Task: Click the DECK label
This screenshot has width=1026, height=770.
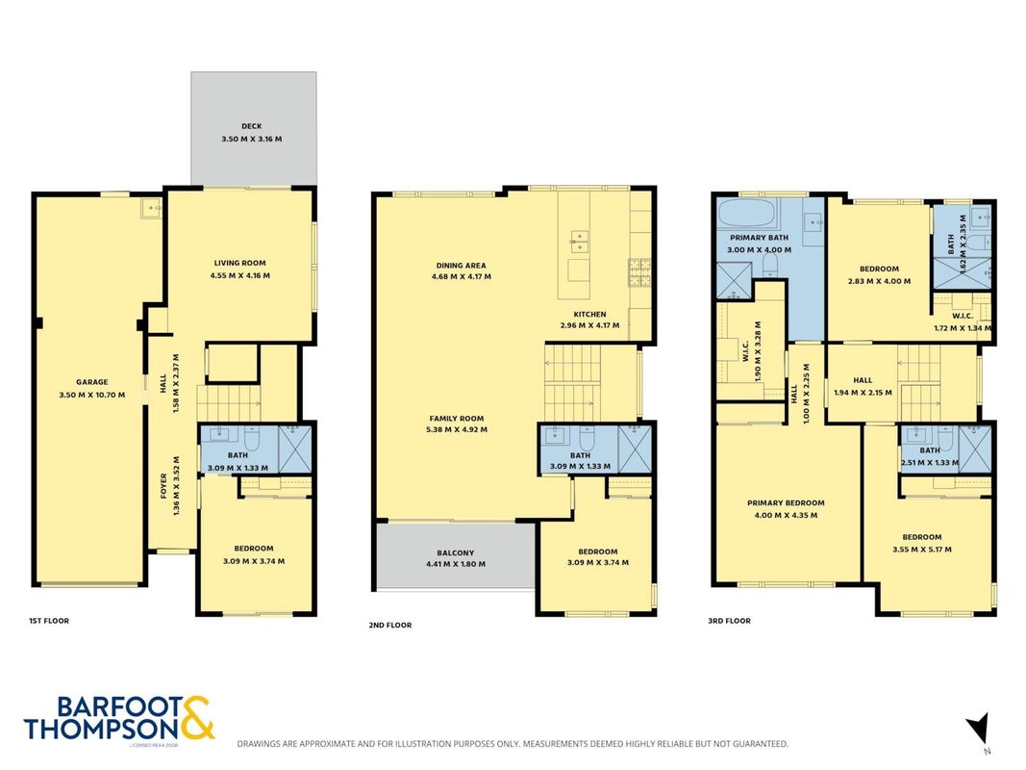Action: click(x=251, y=126)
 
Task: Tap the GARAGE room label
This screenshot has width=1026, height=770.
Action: click(x=92, y=382)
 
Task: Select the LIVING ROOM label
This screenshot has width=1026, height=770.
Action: click(x=240, y=263)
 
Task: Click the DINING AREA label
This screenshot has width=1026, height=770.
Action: click(x=462, y=266)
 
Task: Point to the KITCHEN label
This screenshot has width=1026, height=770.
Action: click(x=589, y=315)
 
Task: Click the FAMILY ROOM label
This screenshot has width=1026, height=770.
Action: click(x=457, y=419)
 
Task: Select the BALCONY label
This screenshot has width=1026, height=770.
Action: click(x=456, y=553)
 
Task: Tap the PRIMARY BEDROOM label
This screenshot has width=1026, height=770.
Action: click(x=786, y=502)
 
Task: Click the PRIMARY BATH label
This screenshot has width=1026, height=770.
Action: click(x=759, y=238)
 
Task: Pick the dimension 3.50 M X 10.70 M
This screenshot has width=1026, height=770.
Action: click(x=92, y=395)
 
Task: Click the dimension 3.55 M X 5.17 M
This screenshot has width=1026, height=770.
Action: click(x=922, y=550)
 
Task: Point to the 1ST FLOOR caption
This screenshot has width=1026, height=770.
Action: click(x=49, y=621)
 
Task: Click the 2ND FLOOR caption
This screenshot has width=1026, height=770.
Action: click(x=390, y=626)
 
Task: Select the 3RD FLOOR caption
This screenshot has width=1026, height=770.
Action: click(x=729, y=621)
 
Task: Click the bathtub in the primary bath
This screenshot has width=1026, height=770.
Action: click(x=746, y=212)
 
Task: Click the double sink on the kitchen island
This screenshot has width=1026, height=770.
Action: click(x=579, y=241)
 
